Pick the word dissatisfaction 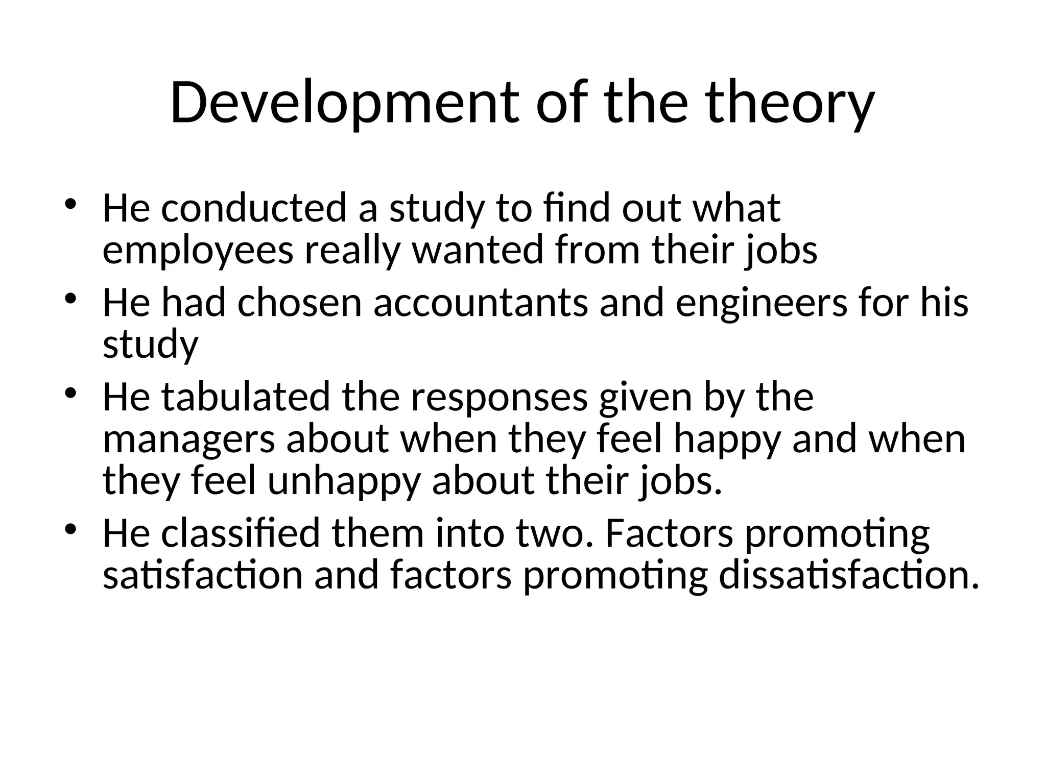point(848,576)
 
